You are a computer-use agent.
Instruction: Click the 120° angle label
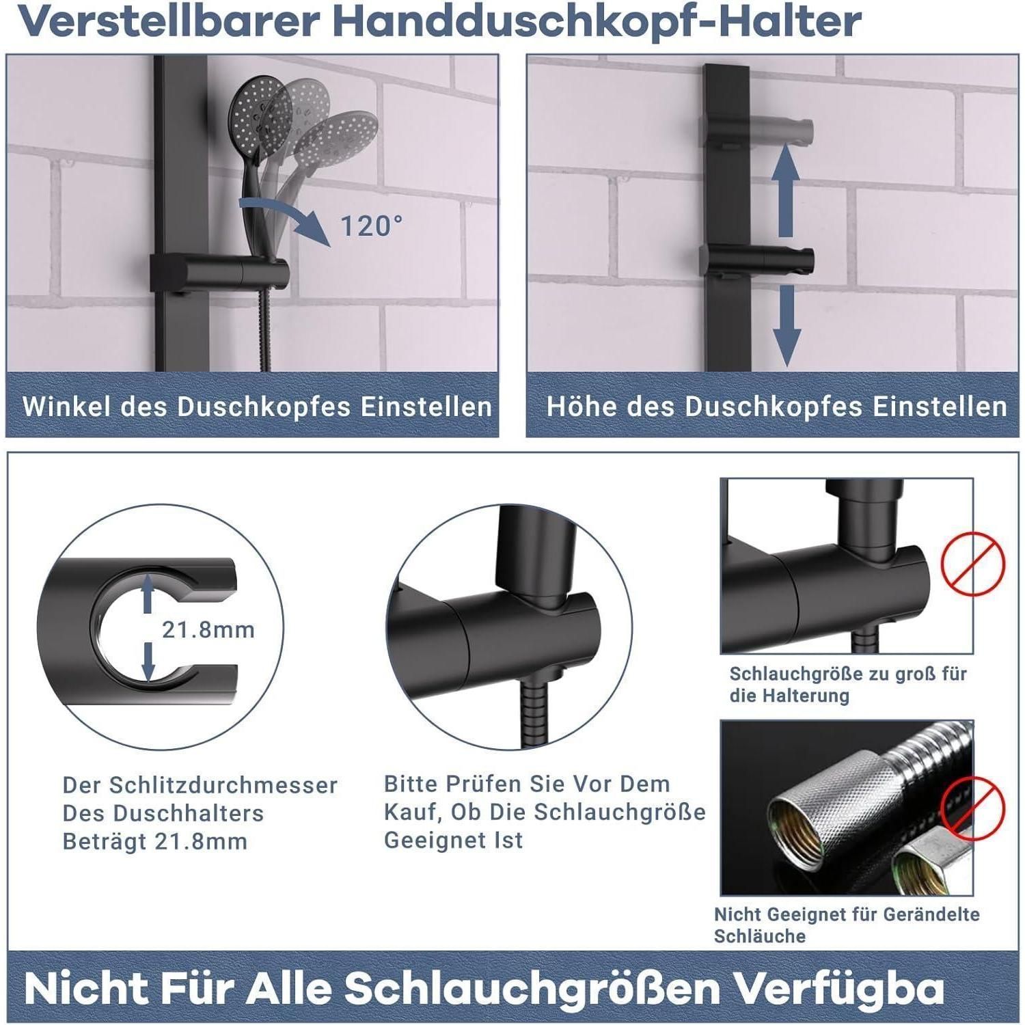click(x=371, y=225)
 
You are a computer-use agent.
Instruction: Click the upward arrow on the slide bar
click(x=786, y=191)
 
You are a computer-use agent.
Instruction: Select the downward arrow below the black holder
click(x=786, y=325)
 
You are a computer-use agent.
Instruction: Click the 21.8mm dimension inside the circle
click(x=208, y=629)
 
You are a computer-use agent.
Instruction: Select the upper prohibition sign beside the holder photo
click(x=973, y=564)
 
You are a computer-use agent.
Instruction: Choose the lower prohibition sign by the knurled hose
click(x=973, y=807)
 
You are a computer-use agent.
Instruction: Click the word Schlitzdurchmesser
click(x=200, y=785)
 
